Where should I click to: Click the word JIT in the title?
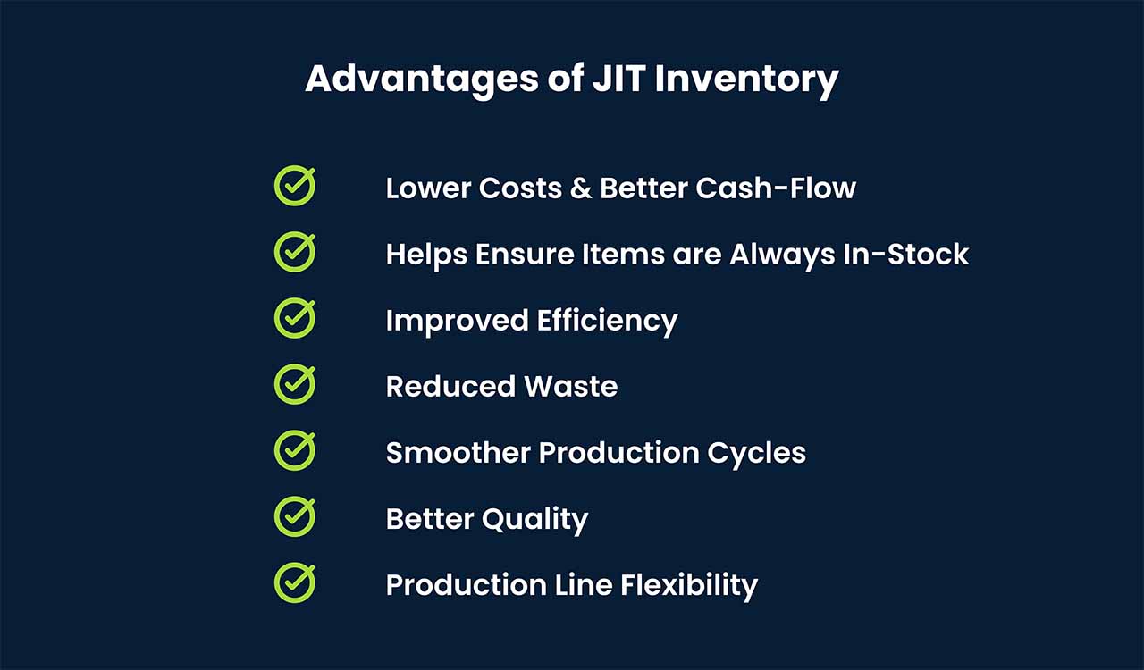pos(619,80)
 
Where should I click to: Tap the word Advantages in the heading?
pos(422,80)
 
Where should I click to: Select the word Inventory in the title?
pos(746,80)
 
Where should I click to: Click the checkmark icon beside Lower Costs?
pos(295,186)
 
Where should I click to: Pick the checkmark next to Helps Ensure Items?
pos(295,252)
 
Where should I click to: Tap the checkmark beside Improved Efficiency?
pos(295,318)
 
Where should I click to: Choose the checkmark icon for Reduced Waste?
pos(295,384)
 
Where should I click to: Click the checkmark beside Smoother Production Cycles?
pos(295,450)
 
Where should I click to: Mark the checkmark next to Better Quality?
pos(295,517)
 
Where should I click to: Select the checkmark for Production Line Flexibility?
pos(295,582)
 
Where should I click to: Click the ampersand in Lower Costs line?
pos(581,188)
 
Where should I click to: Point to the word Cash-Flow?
pos(776,188)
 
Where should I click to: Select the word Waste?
pos(571,386)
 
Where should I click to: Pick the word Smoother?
pos(458,452)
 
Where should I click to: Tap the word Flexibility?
pos(689,586)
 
